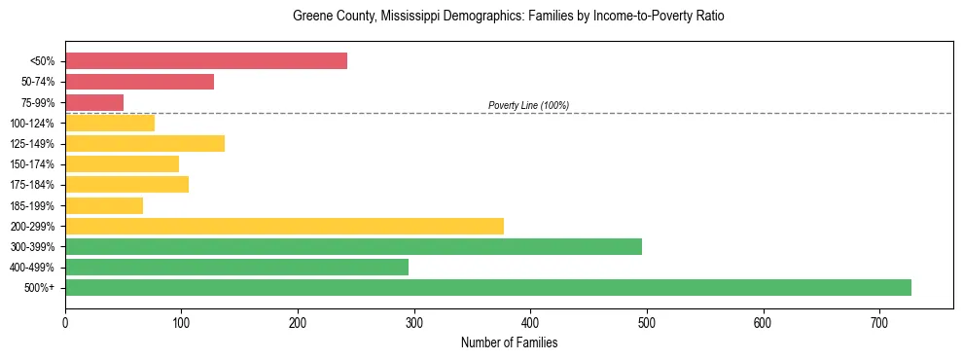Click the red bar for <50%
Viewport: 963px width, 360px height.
pos(206,61)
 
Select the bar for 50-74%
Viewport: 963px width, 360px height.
pos(139,82)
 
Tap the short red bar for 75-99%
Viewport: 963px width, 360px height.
pos(94,102)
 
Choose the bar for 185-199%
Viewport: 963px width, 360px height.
pos(104,205)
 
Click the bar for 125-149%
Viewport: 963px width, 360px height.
pos(145,144)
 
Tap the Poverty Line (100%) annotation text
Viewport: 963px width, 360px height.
pos(528,105)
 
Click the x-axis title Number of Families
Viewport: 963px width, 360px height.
pos(509,343)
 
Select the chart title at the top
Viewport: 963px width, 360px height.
pos(509,17)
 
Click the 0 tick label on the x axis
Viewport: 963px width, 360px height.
pos(65,322)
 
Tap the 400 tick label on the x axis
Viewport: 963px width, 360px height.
pos(530,322)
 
